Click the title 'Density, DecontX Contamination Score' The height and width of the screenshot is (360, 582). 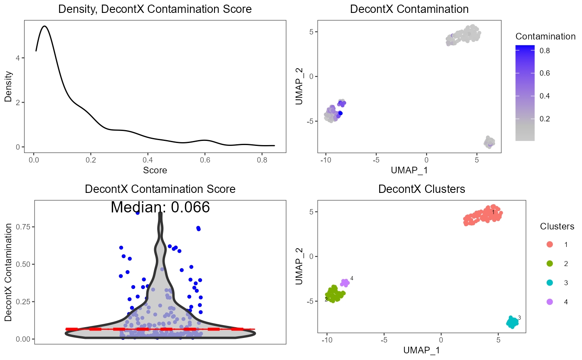coord(155,9)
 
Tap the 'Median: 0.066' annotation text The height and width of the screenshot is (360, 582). coord(160,207)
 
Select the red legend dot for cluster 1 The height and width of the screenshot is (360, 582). coord(550,244)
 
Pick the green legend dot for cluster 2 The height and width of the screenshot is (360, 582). coord(550,264)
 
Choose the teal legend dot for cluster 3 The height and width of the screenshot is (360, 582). coord(550,283)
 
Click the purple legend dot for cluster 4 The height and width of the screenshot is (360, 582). coord(550,302)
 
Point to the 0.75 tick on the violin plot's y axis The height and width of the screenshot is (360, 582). coord(23,227)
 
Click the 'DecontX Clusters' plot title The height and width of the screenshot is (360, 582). coord(422,189)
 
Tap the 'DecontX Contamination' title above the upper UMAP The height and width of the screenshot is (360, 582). coord(409,9)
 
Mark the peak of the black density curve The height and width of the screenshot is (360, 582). coord(44,26)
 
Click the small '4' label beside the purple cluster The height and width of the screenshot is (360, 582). coord(352,278)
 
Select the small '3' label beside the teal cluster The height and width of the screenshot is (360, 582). coord(519,318)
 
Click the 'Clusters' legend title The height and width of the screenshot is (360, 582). coord(557,227)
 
